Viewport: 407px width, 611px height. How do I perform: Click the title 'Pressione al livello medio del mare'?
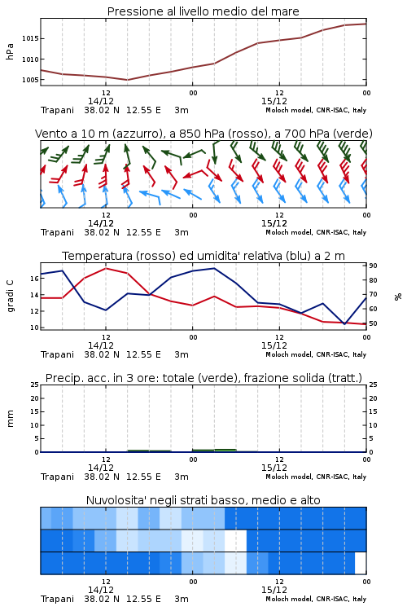pyautogui.click(x=203, y=11)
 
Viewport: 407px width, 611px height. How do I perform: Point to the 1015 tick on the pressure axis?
pyautogui.click(x=29, y=38)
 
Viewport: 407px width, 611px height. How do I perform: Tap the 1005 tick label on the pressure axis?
pyautogui.click(x=29, y=80)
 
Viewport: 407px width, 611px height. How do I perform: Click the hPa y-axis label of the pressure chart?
pyautogui.click(x=10, y=51)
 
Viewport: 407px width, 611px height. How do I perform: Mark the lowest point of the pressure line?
pyautogui.click(x=127, y=80)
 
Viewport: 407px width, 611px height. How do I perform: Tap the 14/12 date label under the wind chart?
pyautogui.click(x=101, y=224)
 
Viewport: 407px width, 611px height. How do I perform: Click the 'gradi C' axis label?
pyautogui.click(x=10, y=297)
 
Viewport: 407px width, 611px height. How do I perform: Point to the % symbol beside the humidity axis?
pyautogui.click(x=398, y=297)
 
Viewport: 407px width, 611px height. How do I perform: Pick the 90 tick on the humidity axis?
pyautogui.click(x=373, y=266)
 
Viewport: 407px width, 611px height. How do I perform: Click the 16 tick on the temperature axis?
pyautogui.click(x=34, y=279)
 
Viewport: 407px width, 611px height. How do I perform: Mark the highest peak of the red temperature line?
pyautogui.click(x=106, y=268)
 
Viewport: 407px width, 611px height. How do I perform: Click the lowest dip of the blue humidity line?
pyautogui.click(x=344, y=323)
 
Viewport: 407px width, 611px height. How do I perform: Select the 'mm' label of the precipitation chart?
pyautogui.click(x=10, y=419)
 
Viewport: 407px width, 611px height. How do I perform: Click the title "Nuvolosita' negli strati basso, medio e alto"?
pyautogui.click(x=203, y=500)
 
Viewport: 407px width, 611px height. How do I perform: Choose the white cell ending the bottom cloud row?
pyautogui.click(x=361, y=563)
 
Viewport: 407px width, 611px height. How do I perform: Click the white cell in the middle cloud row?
pyautogui.click(x=235, y=540)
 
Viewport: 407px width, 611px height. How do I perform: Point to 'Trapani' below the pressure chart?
pyautogui.click(x=57, y=110)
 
